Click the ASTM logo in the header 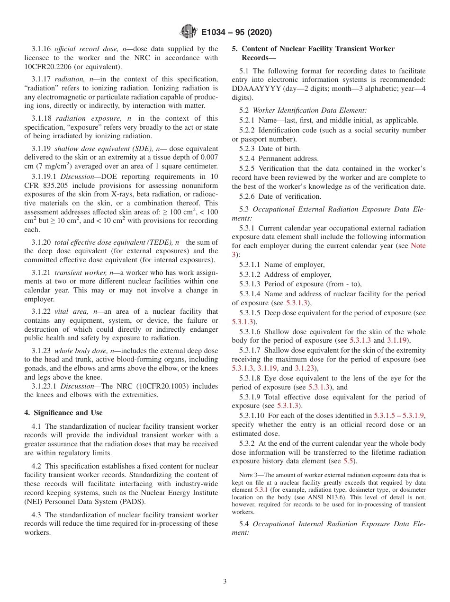pyautogui.click(x=189, y=32)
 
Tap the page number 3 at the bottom pyautogui.click(x=225, y=582)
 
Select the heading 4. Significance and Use pyautogui.click(x=63, y=413)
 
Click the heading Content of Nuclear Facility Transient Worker pyautogui.click(x=318, y=49)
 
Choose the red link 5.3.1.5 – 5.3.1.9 pyautogui.click(x=399, y=416)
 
